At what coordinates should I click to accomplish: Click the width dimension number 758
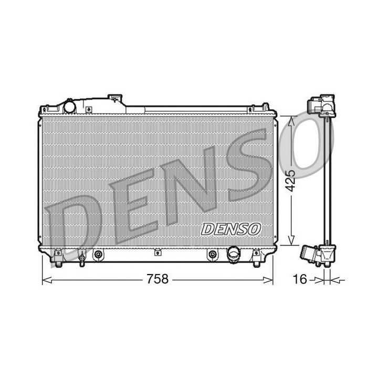[x=157, y=279]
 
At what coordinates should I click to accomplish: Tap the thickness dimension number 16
[x=299, y=280]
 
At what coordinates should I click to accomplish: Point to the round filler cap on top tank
[x=69, y=107]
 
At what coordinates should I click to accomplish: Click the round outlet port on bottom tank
[x=232, y=255]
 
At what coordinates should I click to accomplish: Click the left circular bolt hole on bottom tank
[x=98, y=255]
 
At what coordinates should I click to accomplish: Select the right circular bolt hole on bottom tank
[x=212, y=255]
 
